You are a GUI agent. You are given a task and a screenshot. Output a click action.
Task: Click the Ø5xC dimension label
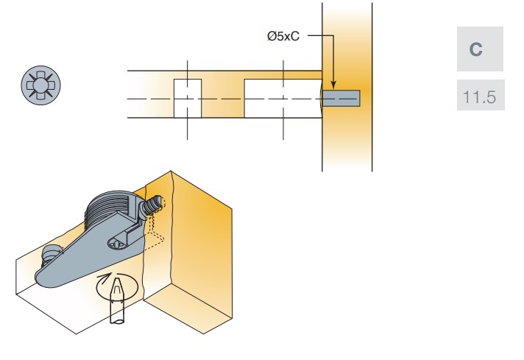[283, 37]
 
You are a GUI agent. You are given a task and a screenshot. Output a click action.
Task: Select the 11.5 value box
[476, 96]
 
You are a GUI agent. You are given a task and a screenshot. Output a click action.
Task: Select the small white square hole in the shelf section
[187, 98]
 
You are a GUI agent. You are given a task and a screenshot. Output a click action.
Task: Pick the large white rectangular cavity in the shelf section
[283, 98]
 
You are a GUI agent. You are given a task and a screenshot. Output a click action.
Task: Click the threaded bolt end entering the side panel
[155, 202]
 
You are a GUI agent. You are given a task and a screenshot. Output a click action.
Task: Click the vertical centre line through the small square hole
[187, 130]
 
